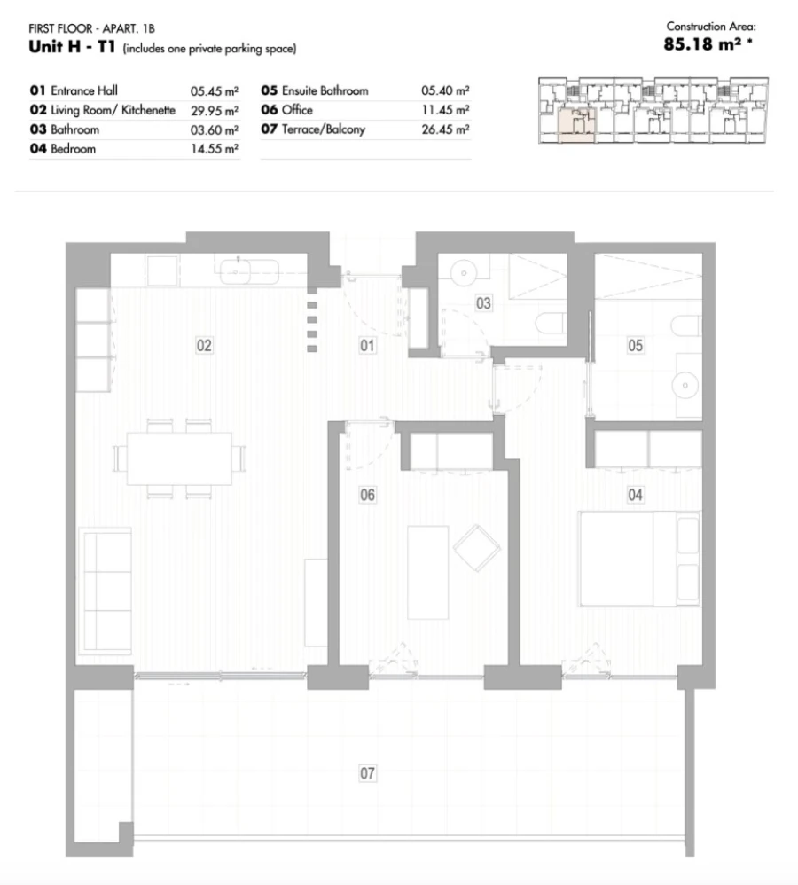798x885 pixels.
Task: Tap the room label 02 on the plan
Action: (204, 346)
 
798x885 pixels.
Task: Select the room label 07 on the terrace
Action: (367, 774)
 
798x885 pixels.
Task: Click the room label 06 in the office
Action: (367, 495)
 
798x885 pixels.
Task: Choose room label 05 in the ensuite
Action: (635, 346)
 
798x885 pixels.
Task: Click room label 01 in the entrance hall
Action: (367, 346)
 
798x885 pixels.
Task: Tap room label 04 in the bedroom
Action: (635, 495)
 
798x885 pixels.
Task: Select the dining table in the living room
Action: (179, 458)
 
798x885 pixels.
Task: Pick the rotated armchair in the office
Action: (477, 548)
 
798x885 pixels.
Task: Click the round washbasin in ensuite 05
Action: (686, 384)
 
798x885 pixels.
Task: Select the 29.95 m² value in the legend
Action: (214, 111)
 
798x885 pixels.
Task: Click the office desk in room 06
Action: (427, 572)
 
